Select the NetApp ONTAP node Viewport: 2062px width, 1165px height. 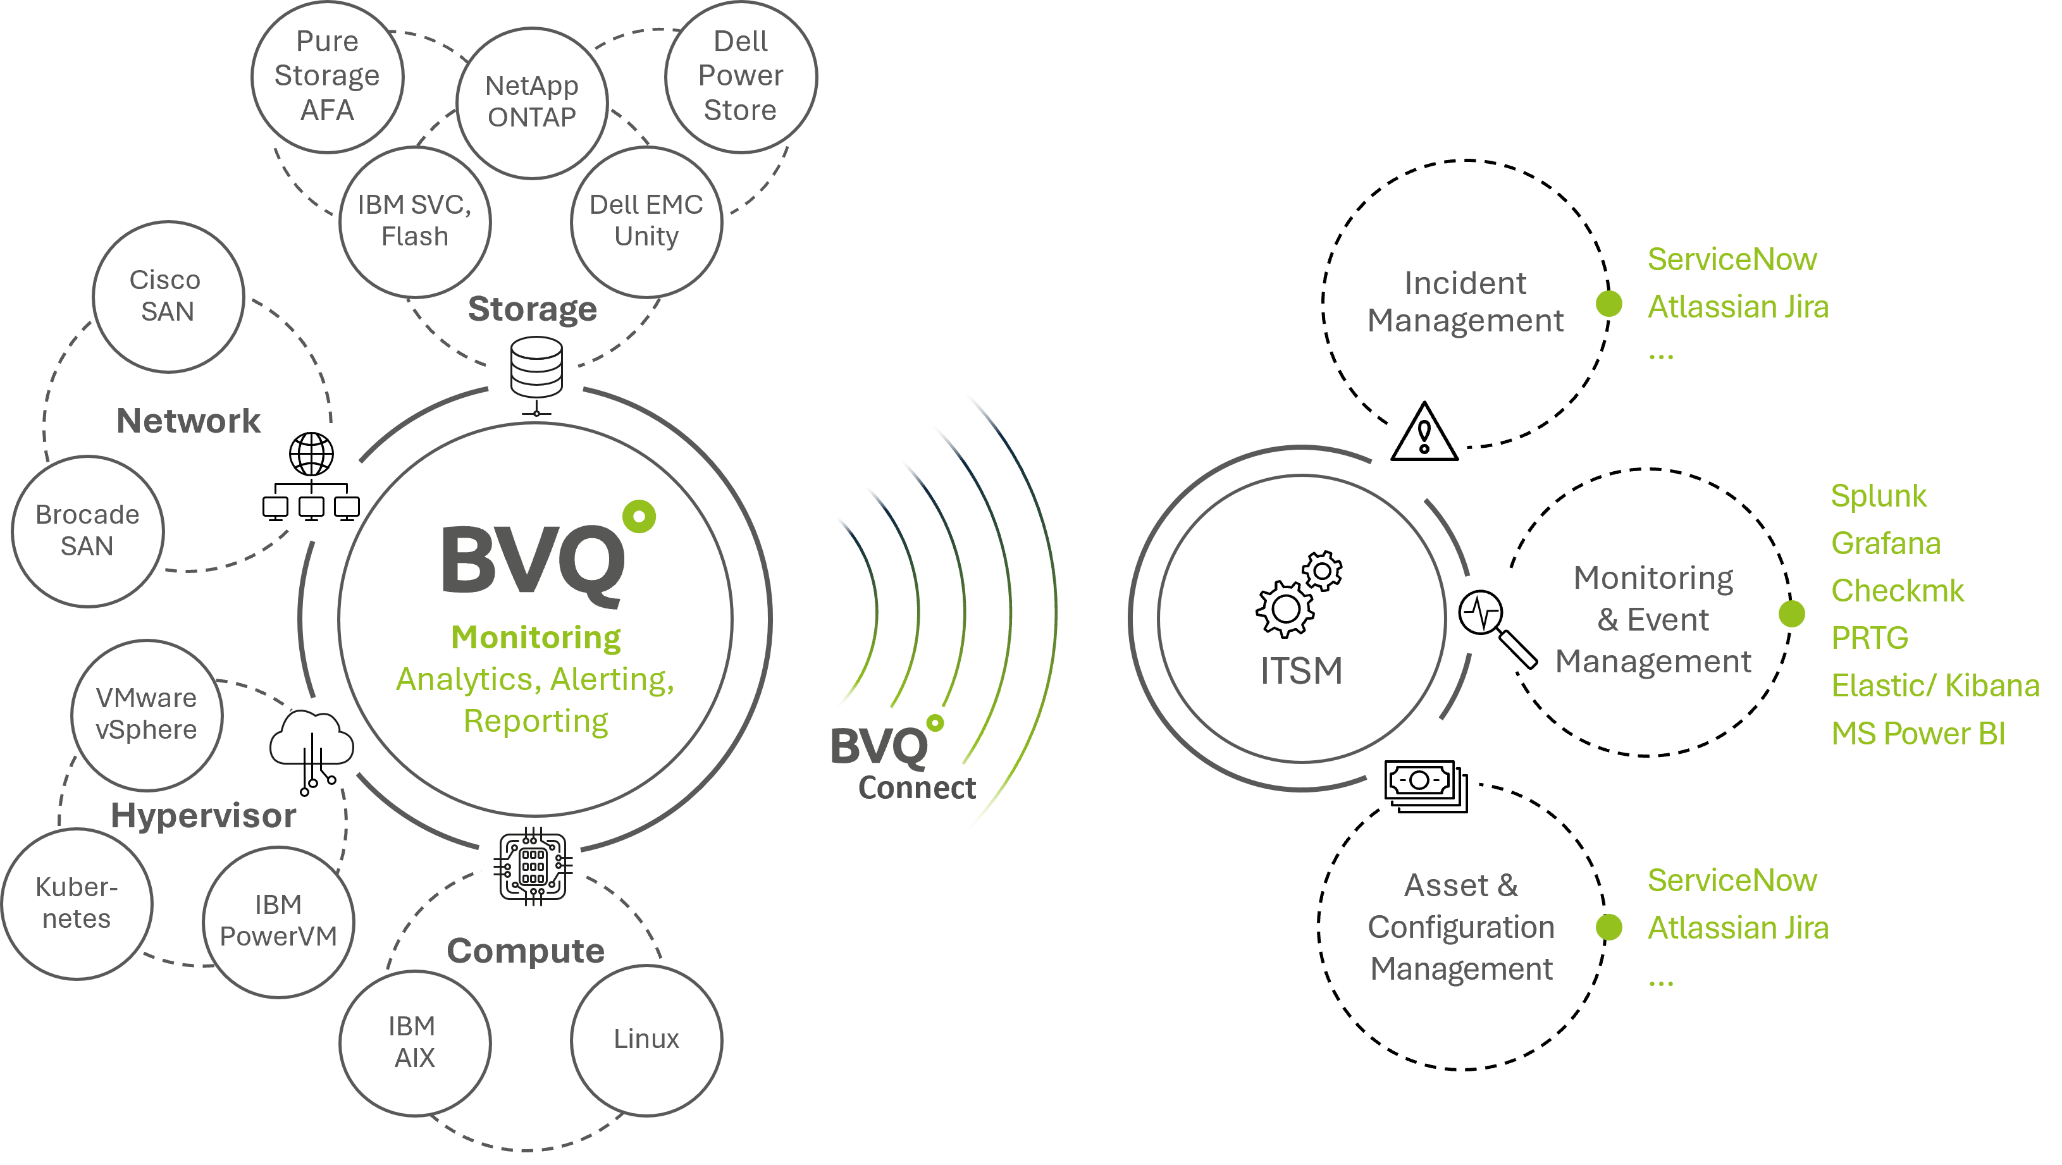[531, 102]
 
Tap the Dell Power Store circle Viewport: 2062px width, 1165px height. [741, 76]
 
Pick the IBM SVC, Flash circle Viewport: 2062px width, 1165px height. [415, 221]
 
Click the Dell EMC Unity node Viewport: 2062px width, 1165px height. [646, 221]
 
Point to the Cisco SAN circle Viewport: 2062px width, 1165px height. [167, 296]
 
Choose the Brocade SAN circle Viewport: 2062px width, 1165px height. [87, 531]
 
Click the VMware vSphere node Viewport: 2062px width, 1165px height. [147, 713]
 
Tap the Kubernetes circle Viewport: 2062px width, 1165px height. [77, 903]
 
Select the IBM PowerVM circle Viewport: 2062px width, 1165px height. [278, 920]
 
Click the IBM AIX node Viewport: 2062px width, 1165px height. [415, 1042]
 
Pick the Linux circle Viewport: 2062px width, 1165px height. [646, 1039]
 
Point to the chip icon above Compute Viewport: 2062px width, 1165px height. [533, 866]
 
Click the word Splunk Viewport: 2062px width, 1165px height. [1878, 496]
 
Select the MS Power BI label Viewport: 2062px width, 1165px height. [1918, 734]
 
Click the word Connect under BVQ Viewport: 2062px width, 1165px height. [917, 788]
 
